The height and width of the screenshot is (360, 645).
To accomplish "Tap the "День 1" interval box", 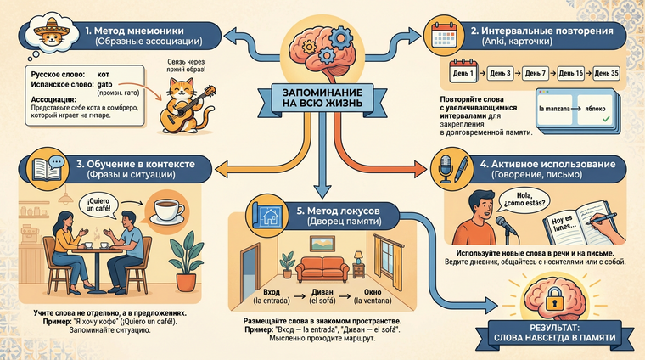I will pos(463,74).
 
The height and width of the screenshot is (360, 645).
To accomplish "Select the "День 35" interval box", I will pos(607,74).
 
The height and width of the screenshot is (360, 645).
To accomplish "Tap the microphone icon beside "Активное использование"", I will pos(445,167).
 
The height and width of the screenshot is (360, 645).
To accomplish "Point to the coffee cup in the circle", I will pos(166,212).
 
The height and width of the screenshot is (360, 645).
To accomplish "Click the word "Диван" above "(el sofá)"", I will pos(313,291).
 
